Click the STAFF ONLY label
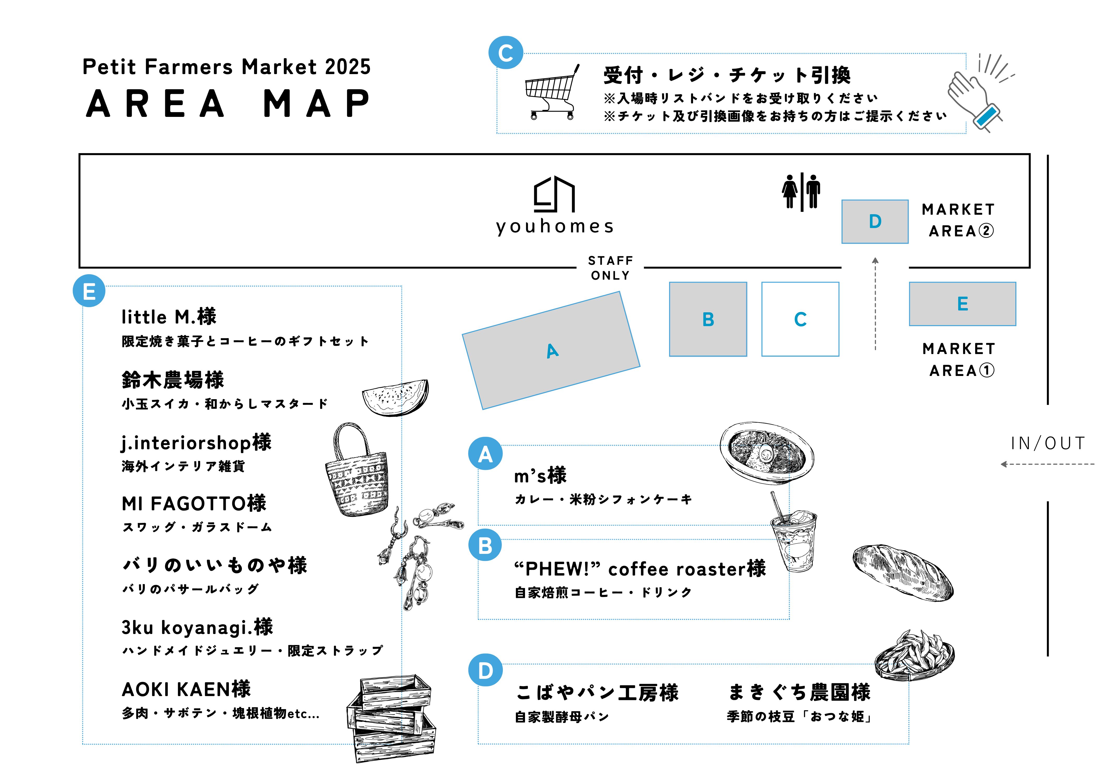pyautogui.click(x=610, y=268)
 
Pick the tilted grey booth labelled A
pyautogui.click(x=551, y=350)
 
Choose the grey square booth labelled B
pyautogui.click(x=708, y=319)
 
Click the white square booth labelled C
pyautogui.click(x=800, y=319)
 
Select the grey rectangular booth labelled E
pyautogui.click(x=963, y=304)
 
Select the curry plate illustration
pyautogui.click(x=767, y=453)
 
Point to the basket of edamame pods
pyautogui.click(x=914, y=655)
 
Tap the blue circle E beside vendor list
pyautogui.click(x=89, y=291)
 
